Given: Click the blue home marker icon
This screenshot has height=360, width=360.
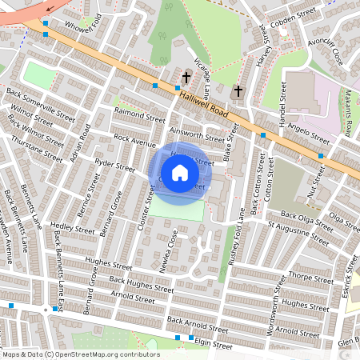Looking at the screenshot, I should [180, 173].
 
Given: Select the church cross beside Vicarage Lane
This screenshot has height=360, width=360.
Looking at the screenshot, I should [186, 78].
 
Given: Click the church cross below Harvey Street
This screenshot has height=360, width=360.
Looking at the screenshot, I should [238, 91].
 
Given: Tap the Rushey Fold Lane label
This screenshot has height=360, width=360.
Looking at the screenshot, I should [234, 237].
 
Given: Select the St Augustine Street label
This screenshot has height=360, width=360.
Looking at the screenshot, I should [298, 234].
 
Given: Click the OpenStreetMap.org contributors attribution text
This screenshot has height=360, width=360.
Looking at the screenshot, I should [102, 354].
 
